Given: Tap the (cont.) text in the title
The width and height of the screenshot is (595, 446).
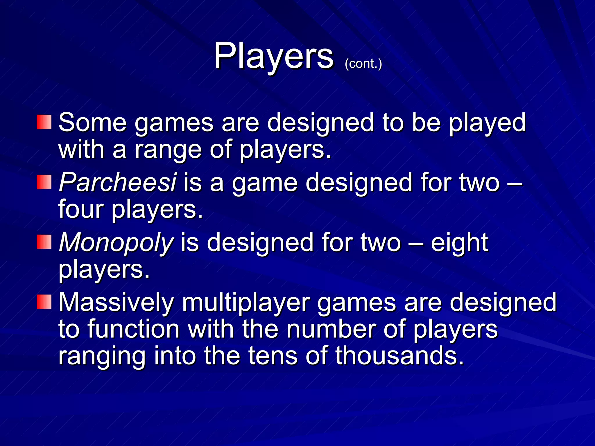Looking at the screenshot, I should point(363,64).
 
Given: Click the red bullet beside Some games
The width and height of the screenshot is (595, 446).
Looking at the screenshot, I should point(44,122).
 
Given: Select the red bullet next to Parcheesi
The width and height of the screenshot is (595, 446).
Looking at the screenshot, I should point(44,182).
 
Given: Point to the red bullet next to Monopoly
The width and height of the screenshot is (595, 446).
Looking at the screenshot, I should point(44,242).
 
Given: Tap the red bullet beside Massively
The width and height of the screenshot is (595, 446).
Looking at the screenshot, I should point(44,302).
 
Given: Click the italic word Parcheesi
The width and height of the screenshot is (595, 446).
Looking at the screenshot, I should point(118,183).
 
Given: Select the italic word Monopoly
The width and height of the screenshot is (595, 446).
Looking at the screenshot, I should point(116,243).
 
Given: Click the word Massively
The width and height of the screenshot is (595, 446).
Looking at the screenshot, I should point(116,303).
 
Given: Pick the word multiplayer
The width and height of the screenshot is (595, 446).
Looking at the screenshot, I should point(246,303).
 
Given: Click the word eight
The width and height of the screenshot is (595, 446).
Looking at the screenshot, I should point(459,243).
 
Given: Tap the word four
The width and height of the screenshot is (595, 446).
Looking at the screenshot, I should point(81,209).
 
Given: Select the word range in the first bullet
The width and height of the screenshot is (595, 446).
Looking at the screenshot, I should point(168,150).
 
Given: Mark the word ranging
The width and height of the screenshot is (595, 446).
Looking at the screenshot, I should point(102,356).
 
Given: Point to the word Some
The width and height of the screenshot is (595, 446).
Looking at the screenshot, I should point(93,123).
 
